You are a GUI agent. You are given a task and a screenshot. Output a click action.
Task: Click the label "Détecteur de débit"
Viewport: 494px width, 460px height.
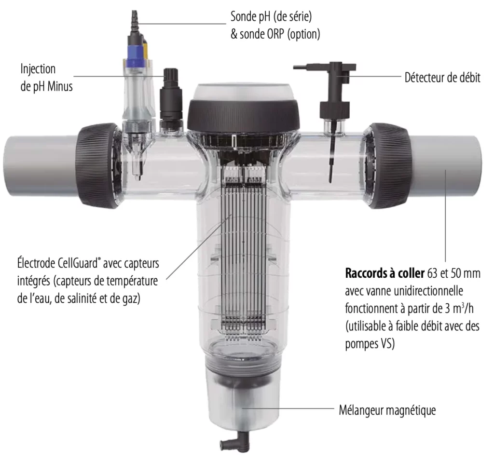pos(442,78)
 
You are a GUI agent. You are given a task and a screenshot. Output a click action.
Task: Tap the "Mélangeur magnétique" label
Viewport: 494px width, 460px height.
pos(387,410)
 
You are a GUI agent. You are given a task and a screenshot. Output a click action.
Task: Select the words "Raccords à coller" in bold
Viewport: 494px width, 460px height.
pos(384,273)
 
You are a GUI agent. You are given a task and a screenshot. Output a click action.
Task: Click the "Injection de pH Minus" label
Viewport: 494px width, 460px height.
pos(47,78)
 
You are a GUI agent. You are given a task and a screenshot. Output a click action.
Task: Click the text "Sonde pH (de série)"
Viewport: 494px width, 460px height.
pos(271,16)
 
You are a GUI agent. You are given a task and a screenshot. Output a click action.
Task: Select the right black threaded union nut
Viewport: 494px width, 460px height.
pos(388,165)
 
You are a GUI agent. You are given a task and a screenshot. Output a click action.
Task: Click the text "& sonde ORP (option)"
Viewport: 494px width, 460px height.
pos(275,34)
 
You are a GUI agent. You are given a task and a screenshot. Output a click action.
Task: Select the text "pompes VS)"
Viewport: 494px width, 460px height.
pos(370,344)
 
